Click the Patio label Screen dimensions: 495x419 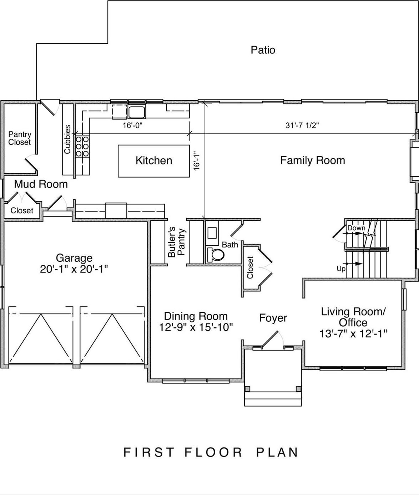point(263,50)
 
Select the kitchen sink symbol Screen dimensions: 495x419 point(137,112)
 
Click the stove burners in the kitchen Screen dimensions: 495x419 point(82,146)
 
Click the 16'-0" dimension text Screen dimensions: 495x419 point(132,126)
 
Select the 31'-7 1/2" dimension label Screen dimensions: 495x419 point(302,126)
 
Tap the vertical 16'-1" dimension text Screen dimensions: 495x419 point(197,162)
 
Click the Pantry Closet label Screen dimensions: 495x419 point(20,138)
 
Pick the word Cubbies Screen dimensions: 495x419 point(67,139)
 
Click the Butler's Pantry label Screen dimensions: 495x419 point(176,243)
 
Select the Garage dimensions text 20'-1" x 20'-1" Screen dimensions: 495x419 point(74,269)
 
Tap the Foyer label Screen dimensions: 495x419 point(273,318)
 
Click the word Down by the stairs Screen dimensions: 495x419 point(356,228)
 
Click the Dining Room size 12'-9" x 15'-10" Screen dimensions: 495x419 point(196,327)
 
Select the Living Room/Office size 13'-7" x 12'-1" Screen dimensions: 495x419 point(353,333)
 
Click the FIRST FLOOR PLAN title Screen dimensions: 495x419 point(211,452)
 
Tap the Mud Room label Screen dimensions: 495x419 point(41,184)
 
